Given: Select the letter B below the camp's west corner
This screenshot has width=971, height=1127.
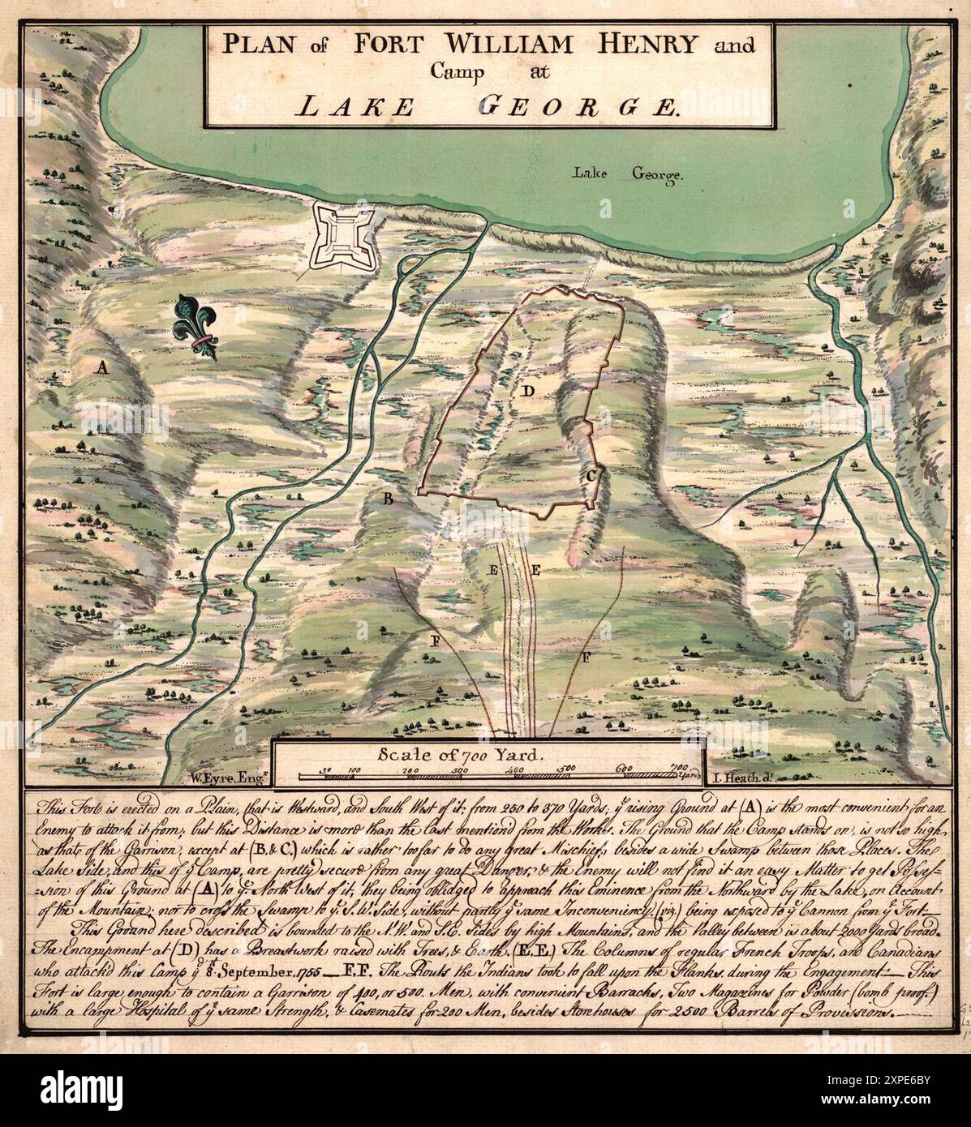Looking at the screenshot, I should click(x=388, y=499).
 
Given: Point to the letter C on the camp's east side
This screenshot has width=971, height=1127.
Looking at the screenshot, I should click(x=592, y=476).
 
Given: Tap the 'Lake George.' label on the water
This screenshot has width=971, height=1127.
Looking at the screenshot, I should click(x=617, y=174).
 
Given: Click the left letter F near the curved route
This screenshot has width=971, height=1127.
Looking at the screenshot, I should click(x=436, y=641).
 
